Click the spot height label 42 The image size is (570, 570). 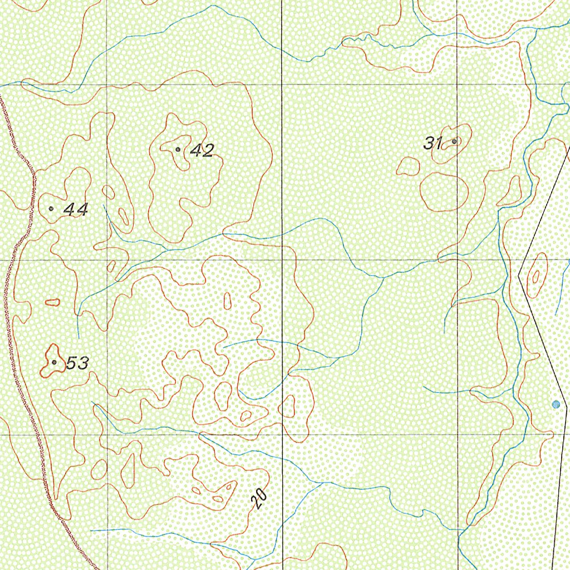(x=202, y=150)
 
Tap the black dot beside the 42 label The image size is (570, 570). (x=178, y=149)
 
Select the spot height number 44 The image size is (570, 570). (x=76, y=210)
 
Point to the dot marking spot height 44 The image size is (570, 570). (x=51, y=208)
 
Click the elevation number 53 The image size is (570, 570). (x=77, y=363)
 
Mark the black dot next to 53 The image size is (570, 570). (x=54, y=362)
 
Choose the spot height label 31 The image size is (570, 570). (x=433, y=143)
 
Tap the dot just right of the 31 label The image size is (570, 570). (x=454, y=141)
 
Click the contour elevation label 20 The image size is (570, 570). (x=259, y=499)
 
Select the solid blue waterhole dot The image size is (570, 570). (x=554, y=405)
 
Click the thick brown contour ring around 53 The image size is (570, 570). (x=45, y=370)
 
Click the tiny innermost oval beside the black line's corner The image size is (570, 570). (x=536, y=276)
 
